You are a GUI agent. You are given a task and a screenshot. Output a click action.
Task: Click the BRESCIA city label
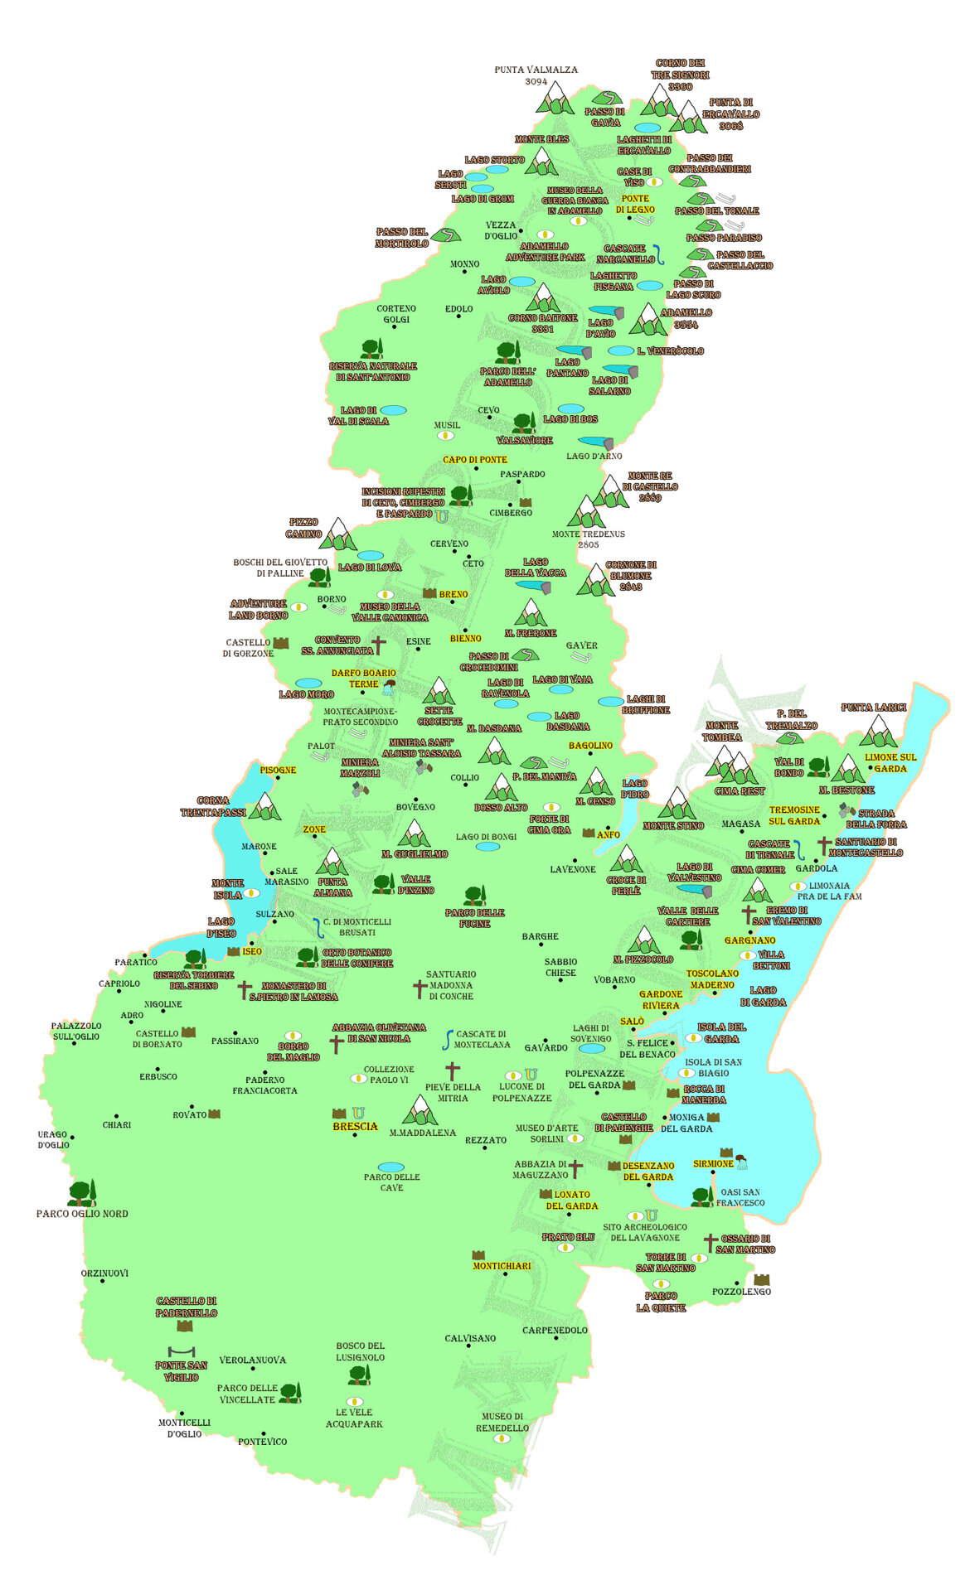tap(355, 1127)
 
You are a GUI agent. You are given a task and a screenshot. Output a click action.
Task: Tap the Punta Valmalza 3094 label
tap(536, 75)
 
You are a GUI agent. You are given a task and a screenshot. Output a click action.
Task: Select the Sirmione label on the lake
tap(713, 1164)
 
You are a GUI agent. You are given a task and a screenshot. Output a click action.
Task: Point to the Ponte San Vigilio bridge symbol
tap(181, 1351)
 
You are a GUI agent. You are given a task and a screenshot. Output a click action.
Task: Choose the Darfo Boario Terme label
tap(363, 679)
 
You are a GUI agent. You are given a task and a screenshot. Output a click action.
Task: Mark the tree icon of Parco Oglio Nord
tap(81, 1193)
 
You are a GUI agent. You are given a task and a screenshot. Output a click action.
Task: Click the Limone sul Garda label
tap(890, 762)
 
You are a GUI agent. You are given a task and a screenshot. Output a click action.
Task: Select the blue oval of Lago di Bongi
tap(487, 847)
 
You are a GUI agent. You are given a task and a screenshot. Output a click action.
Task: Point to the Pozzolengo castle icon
tap(761, 1280)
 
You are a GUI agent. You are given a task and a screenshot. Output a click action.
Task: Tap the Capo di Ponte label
tap(474, 460)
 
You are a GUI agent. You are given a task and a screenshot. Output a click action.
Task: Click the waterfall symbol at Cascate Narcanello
tap(659, 254)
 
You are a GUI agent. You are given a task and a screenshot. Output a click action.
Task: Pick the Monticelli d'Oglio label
tap(184, 1428)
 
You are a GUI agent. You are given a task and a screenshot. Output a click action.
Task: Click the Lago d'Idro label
tap(634, 789)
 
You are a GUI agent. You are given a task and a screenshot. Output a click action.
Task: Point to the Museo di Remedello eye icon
tap(502, 1438)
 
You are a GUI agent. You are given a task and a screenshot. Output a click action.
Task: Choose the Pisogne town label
tap(278, 770)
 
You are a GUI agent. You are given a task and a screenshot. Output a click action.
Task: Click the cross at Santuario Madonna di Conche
tap(420, 988)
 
